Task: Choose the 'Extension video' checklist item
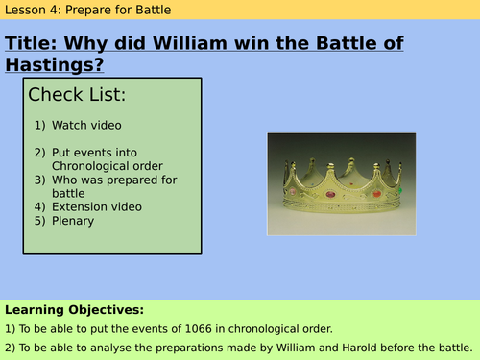tap(96, 206)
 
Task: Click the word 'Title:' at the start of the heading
tap(36, 43)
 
